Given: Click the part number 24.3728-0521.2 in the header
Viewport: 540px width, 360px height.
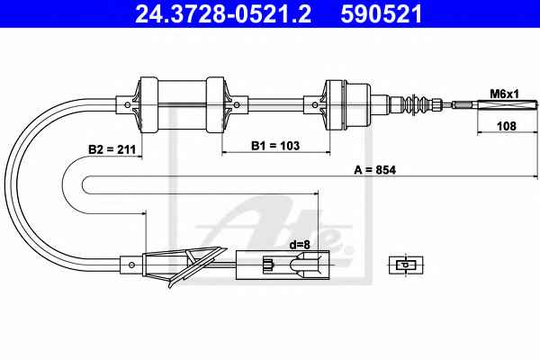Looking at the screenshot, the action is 223,14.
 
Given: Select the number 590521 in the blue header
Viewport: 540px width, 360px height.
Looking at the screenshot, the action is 382,14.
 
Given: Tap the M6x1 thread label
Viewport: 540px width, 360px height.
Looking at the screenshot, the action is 504,94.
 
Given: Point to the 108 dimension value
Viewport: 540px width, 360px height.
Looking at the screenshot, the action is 507,126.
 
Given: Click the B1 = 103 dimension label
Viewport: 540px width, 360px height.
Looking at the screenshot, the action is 275,146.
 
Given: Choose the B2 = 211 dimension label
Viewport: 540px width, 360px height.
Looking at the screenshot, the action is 112,149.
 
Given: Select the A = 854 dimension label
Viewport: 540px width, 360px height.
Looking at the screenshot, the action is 375,170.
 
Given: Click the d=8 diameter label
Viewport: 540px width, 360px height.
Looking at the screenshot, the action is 300,245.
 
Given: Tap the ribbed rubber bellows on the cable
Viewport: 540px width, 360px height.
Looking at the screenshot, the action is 417,103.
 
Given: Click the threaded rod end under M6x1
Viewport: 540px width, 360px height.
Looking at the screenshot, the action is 507,104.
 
